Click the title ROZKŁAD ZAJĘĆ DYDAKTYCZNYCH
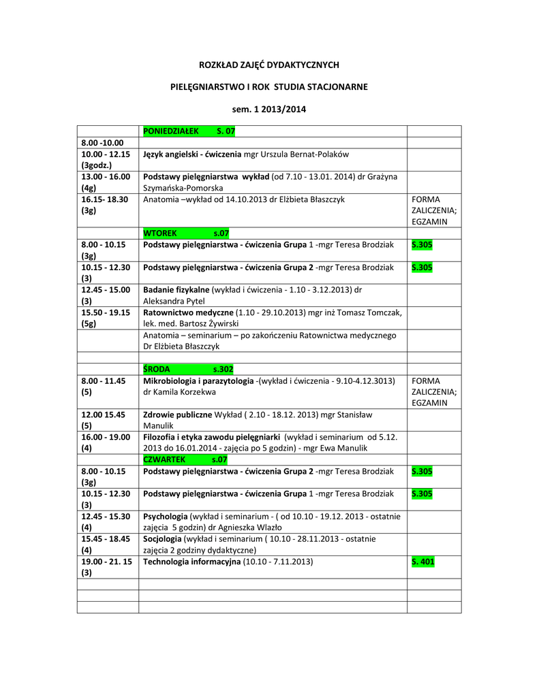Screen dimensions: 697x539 click(x=268, y=65)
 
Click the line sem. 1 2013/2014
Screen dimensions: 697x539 click(x=268, y=109)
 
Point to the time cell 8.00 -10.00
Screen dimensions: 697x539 click(x=99, y=142)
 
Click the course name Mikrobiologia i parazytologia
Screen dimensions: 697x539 click(x=198, y=380)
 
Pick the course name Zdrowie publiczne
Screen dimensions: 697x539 click(x=178, y=415)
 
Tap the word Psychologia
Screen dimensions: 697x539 click(x=166, y=516)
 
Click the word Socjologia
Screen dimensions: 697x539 click(x=164, y=538)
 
